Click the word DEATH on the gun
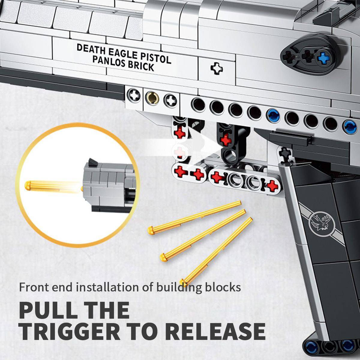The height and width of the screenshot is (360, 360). (x=91, y=50)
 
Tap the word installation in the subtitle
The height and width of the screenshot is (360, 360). (x=108, y=287)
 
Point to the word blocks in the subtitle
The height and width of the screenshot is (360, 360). (x=223, y=287)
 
